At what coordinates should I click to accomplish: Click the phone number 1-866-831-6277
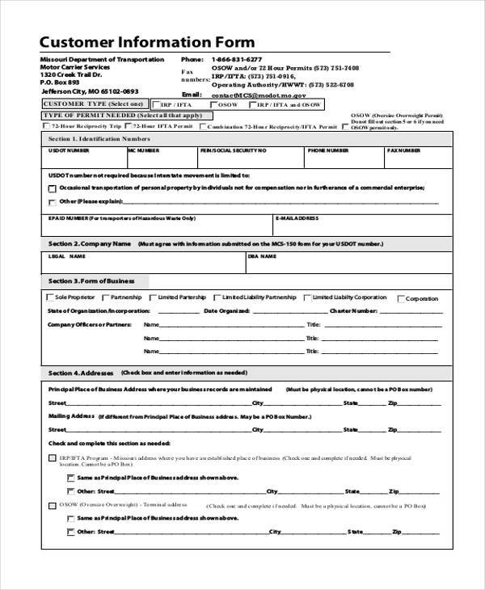[237, 60]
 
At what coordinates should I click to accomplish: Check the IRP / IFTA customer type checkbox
[154, 105]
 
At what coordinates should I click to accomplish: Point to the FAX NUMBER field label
[404, 150]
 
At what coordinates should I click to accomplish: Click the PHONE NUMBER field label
[327, 150]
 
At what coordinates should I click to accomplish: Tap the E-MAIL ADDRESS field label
[298, 218]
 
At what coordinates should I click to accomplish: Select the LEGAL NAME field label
[67, 256]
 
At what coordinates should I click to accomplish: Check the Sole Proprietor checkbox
[51, 298]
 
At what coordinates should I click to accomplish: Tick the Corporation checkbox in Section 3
[399, 298]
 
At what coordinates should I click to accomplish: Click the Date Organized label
[226, 310]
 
